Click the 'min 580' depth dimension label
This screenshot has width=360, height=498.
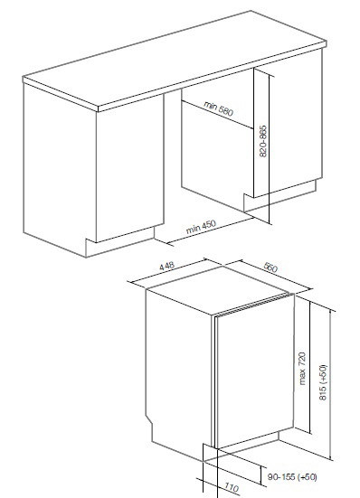coord(218,108)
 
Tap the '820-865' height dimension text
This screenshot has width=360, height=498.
coord(263,141)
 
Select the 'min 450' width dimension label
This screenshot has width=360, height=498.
coord(201,227)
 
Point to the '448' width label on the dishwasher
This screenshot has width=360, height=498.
coord(166,266)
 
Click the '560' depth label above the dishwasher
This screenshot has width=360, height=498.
coord(270,268)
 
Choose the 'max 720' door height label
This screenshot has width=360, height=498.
coord(302,369)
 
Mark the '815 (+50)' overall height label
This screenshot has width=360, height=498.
coord(322,382)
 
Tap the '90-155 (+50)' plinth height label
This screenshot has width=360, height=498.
coord(292,476)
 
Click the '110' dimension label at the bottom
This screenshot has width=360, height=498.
coord(232,487)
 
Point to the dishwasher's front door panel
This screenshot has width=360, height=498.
coord(254,371)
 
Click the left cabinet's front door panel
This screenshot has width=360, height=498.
coord(130,168)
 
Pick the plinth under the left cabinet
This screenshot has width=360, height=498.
coord(120,241)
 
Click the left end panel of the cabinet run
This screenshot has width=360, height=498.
coord(60,168)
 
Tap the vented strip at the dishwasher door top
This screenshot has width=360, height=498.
coord(253,305)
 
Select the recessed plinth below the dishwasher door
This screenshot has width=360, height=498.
coord(247,441)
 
